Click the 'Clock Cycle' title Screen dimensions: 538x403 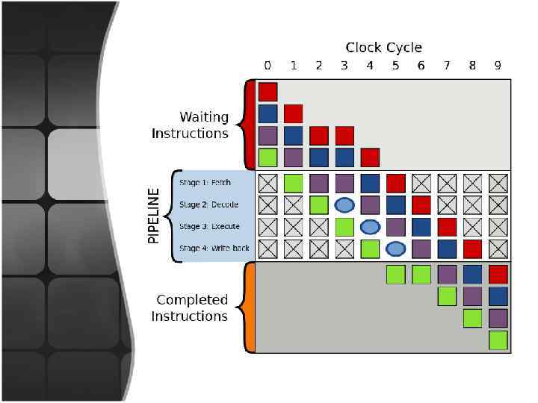click(383, 48)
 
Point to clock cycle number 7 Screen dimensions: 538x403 click(447, 66)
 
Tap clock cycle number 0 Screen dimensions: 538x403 click(268, 66)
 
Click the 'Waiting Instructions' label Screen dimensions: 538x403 click(190, 125)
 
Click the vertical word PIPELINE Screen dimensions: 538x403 click(154, 216)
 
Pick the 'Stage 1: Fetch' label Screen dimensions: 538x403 click(205, 183)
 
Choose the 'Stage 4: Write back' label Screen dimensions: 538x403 click(214, 248)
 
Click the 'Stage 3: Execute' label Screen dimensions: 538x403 click(210, 226)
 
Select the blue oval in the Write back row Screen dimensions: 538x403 click(395, 249)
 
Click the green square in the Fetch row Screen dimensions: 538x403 click(294, 183)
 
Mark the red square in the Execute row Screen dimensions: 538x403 click(447, 226)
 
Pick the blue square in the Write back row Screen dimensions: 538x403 click(447, 249)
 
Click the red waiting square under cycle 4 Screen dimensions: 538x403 click(370, 157)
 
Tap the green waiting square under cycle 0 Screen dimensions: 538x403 click(268, 157)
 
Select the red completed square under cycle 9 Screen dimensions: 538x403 click(498, 275)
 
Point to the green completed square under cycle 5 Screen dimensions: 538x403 click(395, 275)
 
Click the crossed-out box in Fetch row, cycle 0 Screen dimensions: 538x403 click(268, 183)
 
